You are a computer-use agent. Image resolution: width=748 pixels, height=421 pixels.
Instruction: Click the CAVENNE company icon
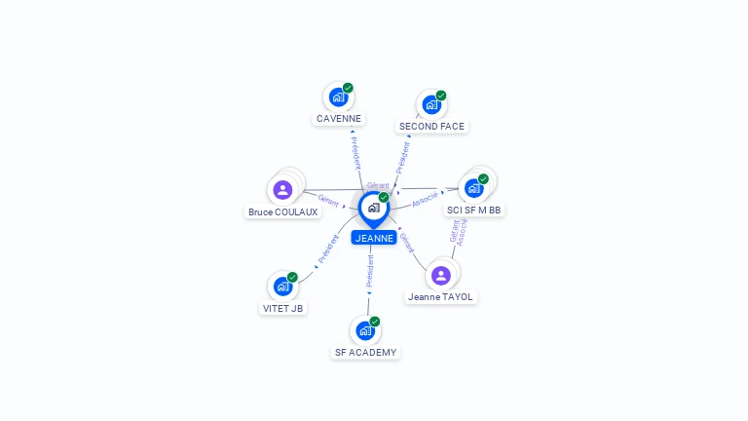[338, 97]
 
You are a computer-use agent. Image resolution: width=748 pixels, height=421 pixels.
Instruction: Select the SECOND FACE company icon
[431, 105]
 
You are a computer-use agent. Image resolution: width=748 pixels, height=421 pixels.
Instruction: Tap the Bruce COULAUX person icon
[282, 190]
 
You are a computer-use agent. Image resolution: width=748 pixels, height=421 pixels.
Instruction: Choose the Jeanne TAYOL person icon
[441, 276]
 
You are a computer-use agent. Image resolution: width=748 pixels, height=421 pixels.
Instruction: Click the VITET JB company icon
[282, 287]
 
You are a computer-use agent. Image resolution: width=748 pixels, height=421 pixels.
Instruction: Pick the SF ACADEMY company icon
[365, 330]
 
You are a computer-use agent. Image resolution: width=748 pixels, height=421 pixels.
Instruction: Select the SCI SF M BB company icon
[473, 188]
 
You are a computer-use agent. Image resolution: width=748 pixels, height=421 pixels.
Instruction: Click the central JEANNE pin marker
[374, 210]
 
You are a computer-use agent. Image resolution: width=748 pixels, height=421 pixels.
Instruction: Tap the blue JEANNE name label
[374, 238]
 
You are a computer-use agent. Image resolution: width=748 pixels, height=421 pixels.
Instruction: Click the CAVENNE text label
[339, 118]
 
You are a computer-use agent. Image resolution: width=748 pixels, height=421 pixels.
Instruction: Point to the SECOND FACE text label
[431, 127]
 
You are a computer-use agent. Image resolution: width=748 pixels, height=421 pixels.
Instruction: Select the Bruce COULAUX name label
[282, 211]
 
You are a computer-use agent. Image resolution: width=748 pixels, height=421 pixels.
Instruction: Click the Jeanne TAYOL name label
[440, 297]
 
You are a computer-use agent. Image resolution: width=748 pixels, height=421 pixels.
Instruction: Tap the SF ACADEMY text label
[365, 352]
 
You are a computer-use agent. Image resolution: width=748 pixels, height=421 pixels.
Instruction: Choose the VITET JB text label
[282, 308]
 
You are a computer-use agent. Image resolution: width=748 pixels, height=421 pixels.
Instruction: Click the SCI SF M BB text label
[473, 210]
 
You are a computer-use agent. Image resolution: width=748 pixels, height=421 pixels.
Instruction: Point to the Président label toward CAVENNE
[356, 153]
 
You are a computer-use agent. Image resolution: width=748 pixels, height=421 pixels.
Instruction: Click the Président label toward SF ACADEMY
[370, 271]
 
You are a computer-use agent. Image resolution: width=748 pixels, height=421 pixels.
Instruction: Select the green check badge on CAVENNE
[348, 88]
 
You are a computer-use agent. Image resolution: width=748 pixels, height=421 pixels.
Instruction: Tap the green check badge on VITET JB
[292, 278]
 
